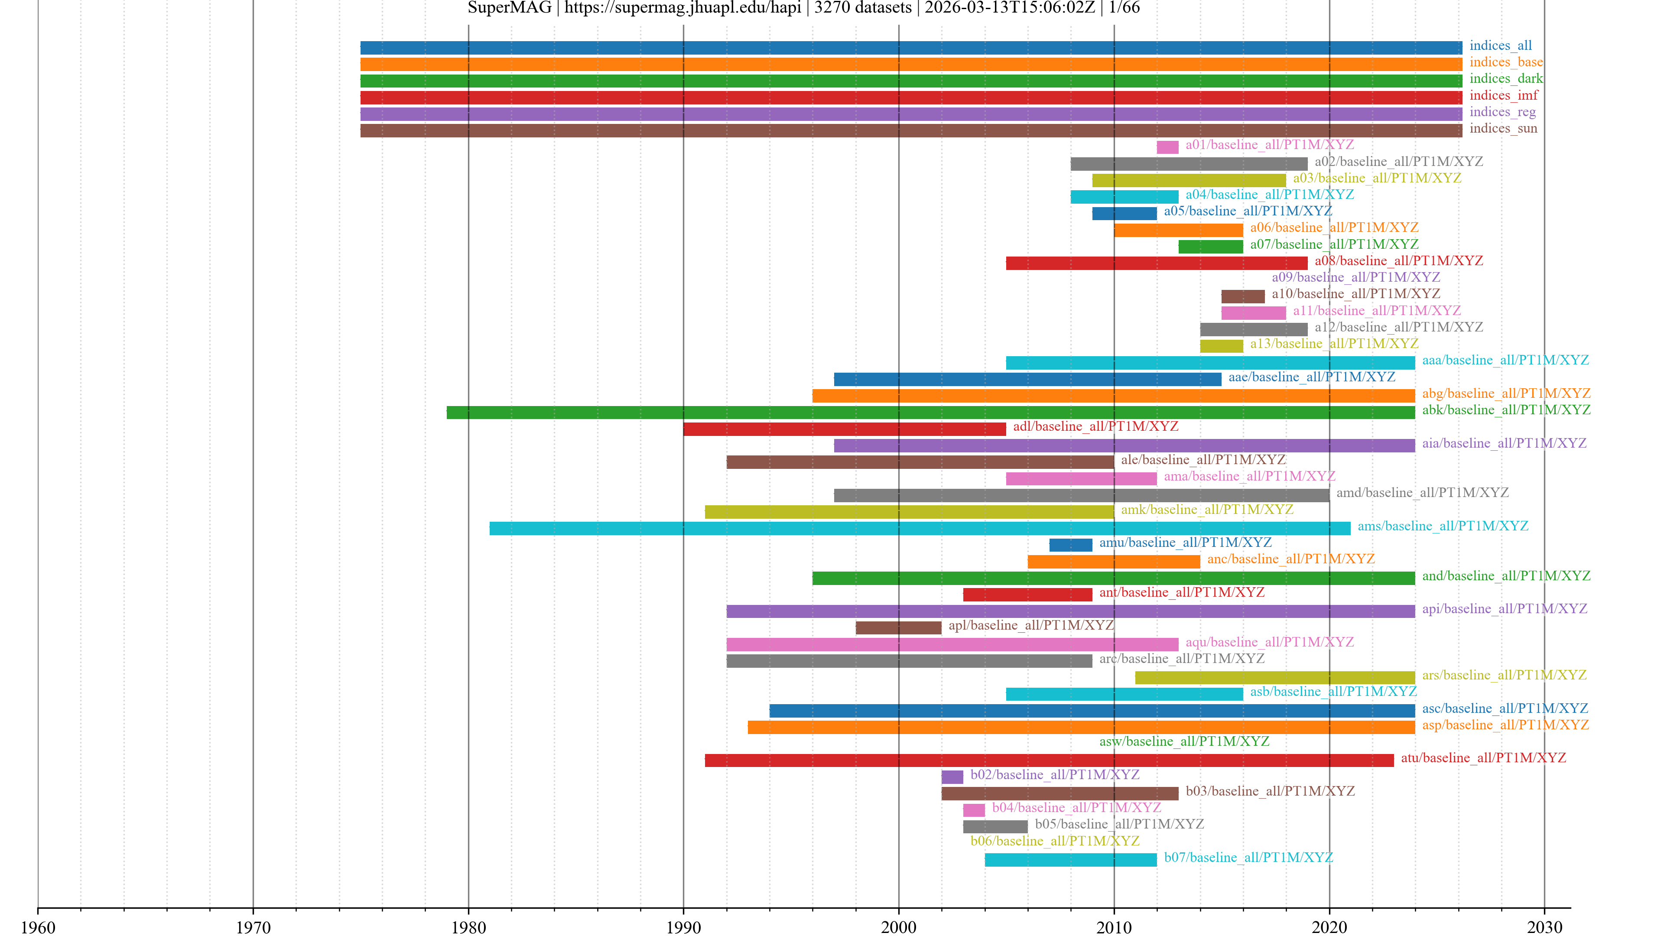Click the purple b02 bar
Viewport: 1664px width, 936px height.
click(x=952, y=777)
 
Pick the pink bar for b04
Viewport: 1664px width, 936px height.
click(x=973, y=810)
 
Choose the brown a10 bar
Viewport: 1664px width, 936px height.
click(x=1242, y=296)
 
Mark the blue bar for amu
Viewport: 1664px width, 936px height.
click(x=1070, y=545)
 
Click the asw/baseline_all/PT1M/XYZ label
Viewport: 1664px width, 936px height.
click(x=1183, y=741)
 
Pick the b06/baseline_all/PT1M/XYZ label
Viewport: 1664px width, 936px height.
click(x=1054, y=841)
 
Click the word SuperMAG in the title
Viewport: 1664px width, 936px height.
click(x=509, y=8)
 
